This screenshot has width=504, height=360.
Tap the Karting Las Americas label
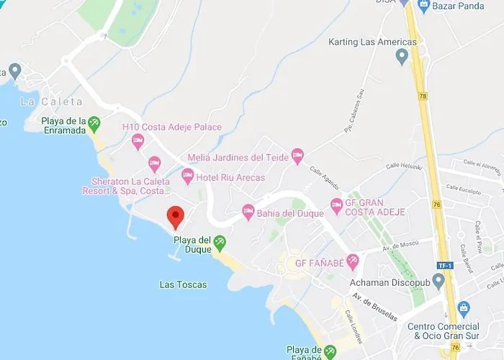coord(372,42)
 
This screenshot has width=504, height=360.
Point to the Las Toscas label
coord(183,284)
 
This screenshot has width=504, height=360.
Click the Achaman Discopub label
coord(390,281)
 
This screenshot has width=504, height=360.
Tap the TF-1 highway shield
coord(444,266)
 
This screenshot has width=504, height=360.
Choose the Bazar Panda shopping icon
coord(424,6)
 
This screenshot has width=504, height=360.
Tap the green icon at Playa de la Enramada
coord(94,125)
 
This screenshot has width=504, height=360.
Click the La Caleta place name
coord(51,102)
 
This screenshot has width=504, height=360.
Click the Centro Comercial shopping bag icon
coord(463,310)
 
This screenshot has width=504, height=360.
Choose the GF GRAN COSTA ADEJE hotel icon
coord(336,207)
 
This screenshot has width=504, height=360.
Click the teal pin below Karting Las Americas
coord(402,58)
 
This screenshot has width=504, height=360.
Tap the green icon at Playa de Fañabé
coord(330,351)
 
